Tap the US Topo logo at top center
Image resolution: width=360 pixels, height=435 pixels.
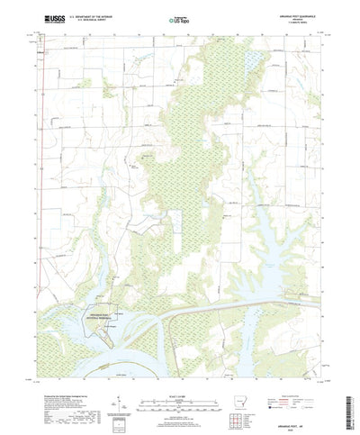(180, 18)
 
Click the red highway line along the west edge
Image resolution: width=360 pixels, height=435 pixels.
(44, 180)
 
